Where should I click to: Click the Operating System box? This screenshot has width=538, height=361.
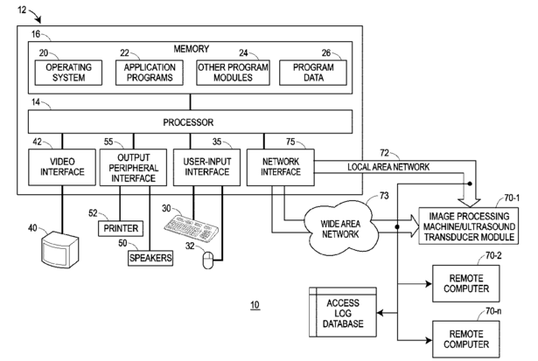pyautogui.click(x=68, y=73)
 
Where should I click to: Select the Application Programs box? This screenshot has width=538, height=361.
pyautogui.click(x=150, y=73)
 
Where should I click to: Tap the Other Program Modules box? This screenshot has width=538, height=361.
pyautogui.click(x=233, y=73)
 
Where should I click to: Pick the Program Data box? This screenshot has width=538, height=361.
pyautogui.click(x=313, y=73)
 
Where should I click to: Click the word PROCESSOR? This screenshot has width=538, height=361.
pyautogui.click(x=188, y=122)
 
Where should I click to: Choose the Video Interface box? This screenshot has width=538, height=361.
pyautogui.click(x=62, y=167)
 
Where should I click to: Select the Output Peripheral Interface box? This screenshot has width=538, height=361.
pyautogui.click(x=133, y=167)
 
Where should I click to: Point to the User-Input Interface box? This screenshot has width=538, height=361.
pyautogui.click(x=207, y=167)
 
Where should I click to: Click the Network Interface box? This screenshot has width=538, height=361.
pyautogui.click(x=281, y=167)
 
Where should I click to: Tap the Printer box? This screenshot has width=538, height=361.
pyautogui.click(x=121, y=228)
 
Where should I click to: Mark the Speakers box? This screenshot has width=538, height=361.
pyautogui.click(x=150, y=258)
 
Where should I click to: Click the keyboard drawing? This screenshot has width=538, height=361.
pyautogui.click(x=191, y=227)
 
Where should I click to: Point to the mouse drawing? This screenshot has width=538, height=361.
pyautogui.click(x=207, y=260)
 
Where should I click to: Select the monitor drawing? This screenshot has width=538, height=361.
pyautogui.click(x=59, y=250)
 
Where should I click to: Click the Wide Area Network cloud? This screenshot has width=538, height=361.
pyautogui.click(x=340, y=229)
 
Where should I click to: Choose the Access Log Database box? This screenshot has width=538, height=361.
pyautogui.click(x=343, y=312)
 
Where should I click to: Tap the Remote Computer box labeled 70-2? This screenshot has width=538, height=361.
pyautogui.click(x=465, y=283)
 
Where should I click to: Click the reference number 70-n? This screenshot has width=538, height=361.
pyautogui.click(x=493, y=311)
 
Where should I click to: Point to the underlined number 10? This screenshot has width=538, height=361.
pyautogui.click(x=255, y=305)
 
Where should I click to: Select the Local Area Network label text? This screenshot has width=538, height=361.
pyautogui.click(x=388, y=167)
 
